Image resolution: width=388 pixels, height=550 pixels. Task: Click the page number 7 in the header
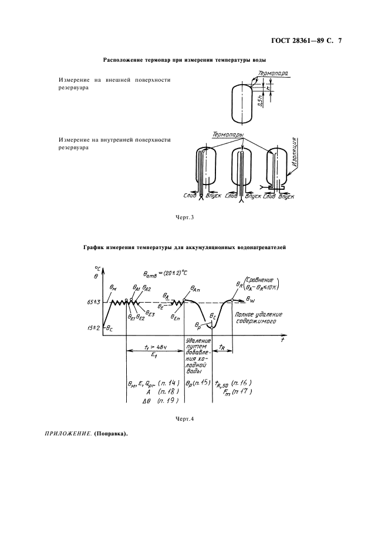339,41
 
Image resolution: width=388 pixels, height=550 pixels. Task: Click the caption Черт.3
184,218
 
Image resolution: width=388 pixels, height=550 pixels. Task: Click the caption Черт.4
184,418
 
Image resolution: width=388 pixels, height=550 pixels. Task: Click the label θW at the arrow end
251,299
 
